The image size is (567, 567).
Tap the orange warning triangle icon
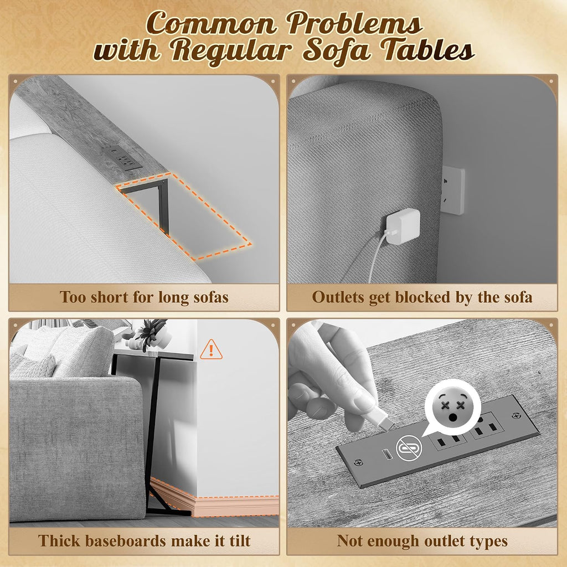click(211, 350)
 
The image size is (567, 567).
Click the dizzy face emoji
click(452, 406)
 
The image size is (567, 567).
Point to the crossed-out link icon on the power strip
click(409, 448)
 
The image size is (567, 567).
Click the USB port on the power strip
click(387, 455)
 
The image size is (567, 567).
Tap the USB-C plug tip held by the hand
click(387, 421)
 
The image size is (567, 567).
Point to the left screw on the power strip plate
click(358, 462)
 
